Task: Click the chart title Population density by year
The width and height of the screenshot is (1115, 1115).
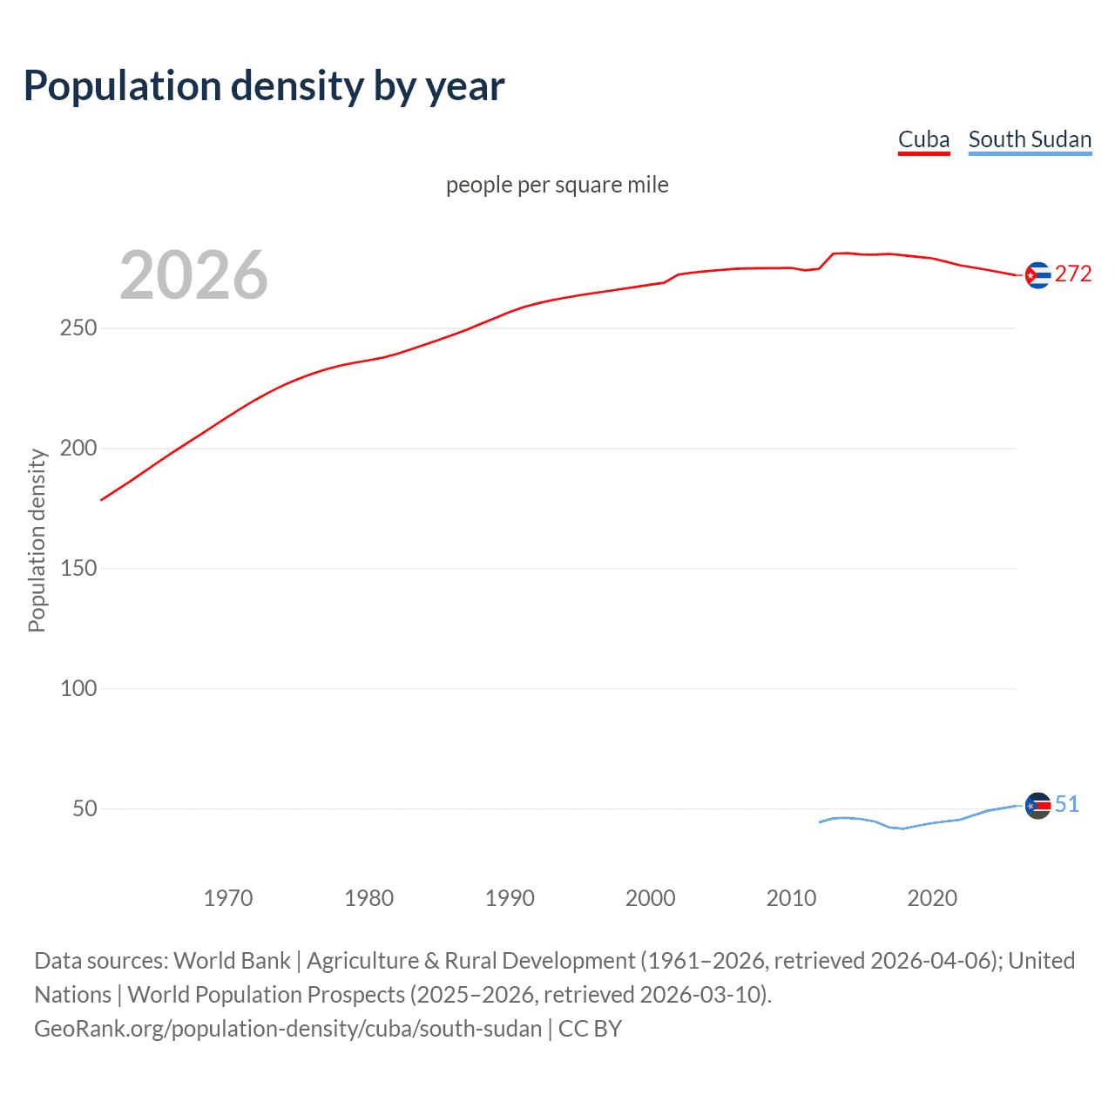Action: tap(264, 86)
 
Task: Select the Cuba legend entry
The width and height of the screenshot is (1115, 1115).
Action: tap(923, 139)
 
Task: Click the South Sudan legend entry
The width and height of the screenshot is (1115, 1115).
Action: tap(1030, 139)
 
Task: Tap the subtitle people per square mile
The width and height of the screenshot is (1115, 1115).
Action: tap(557, 185)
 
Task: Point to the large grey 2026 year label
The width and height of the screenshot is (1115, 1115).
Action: tap(193, 275)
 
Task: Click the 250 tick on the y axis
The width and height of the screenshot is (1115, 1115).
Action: tap(78, 328)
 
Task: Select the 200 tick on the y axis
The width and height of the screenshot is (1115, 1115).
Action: tap(78, 449)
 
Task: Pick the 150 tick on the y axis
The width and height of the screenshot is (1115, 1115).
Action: tap(78, 569)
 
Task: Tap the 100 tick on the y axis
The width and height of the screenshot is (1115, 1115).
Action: tap(78, 689)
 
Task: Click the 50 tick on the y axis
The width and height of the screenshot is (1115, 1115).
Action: tap(84, 809)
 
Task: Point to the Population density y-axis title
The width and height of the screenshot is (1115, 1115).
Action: tap(37, 540)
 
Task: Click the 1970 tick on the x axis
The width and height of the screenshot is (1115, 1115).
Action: tap(228, 898)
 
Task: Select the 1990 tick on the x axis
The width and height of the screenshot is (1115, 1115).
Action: tap(510, 898)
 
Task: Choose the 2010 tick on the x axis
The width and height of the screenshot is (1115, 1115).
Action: tap(791, 898)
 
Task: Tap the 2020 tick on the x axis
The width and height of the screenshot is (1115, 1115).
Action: tap(932, 898)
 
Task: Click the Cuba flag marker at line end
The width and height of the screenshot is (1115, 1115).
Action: tap(1037, 275)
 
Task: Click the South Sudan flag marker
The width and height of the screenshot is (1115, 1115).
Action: tap(1037, 806)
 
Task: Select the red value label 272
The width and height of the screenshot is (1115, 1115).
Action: tap(1073, 274)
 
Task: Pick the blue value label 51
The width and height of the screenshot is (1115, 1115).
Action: tap(1067, 804)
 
